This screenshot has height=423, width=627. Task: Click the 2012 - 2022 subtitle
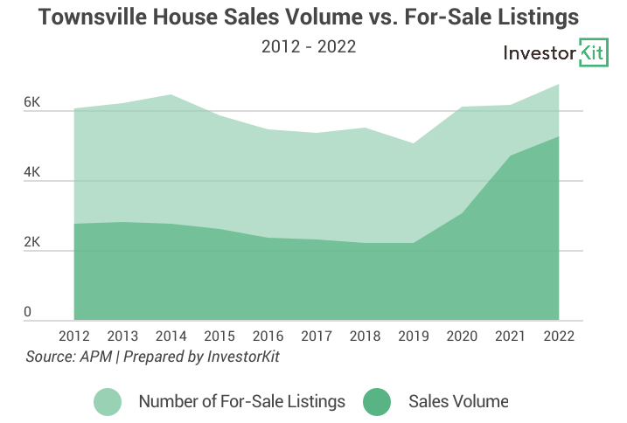point(309,46)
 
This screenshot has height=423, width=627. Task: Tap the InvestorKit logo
point(555,53)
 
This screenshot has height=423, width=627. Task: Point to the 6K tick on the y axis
point(32,103)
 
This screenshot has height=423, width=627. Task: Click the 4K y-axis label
point(32,173)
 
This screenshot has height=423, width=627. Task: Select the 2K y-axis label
point(32,243)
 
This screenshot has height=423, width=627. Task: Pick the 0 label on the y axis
point(27,312)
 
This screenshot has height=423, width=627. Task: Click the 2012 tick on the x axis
point(74,336)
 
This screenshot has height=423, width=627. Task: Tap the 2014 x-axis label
point(171,336)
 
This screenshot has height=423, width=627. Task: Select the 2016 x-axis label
point(268,336)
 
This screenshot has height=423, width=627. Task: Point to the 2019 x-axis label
point(413,336)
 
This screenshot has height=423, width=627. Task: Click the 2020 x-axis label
point(461,336)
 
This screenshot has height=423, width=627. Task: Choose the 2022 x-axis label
point(557,336)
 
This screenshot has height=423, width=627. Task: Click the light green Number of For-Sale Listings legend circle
point(108,402)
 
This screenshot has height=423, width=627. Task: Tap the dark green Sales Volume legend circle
point(378,402)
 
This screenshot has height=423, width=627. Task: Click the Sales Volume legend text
point(457,402)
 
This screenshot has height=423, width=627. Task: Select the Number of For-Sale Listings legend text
point(241,402)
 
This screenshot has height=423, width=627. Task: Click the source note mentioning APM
point(152,357)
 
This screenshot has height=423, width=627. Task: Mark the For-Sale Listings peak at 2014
point(171,94)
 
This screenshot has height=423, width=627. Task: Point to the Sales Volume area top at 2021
point(509,156)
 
